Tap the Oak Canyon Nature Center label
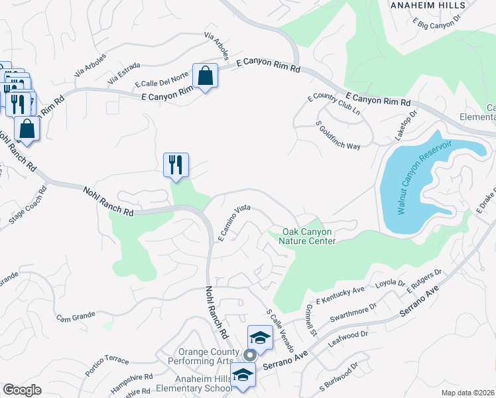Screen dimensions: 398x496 pos(309,236)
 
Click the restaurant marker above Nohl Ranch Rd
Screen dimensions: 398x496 pos(176,165)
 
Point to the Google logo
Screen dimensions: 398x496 pos(22,390)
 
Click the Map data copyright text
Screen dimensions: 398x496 pos(468,392)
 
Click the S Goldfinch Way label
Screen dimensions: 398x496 pos(338,135)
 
